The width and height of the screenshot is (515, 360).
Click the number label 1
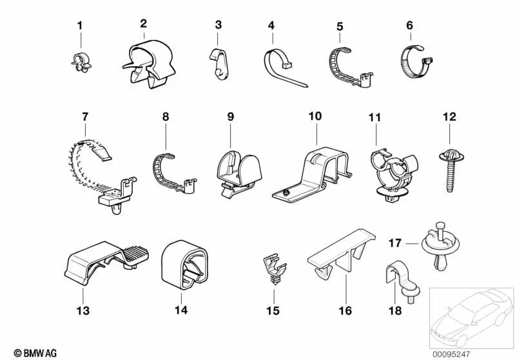(x=80, y=26)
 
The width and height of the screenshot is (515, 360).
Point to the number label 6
(x=409, y=26)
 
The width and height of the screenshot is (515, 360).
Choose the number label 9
(x=231, y=117)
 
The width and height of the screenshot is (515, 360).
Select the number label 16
(x=345, y=311)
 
